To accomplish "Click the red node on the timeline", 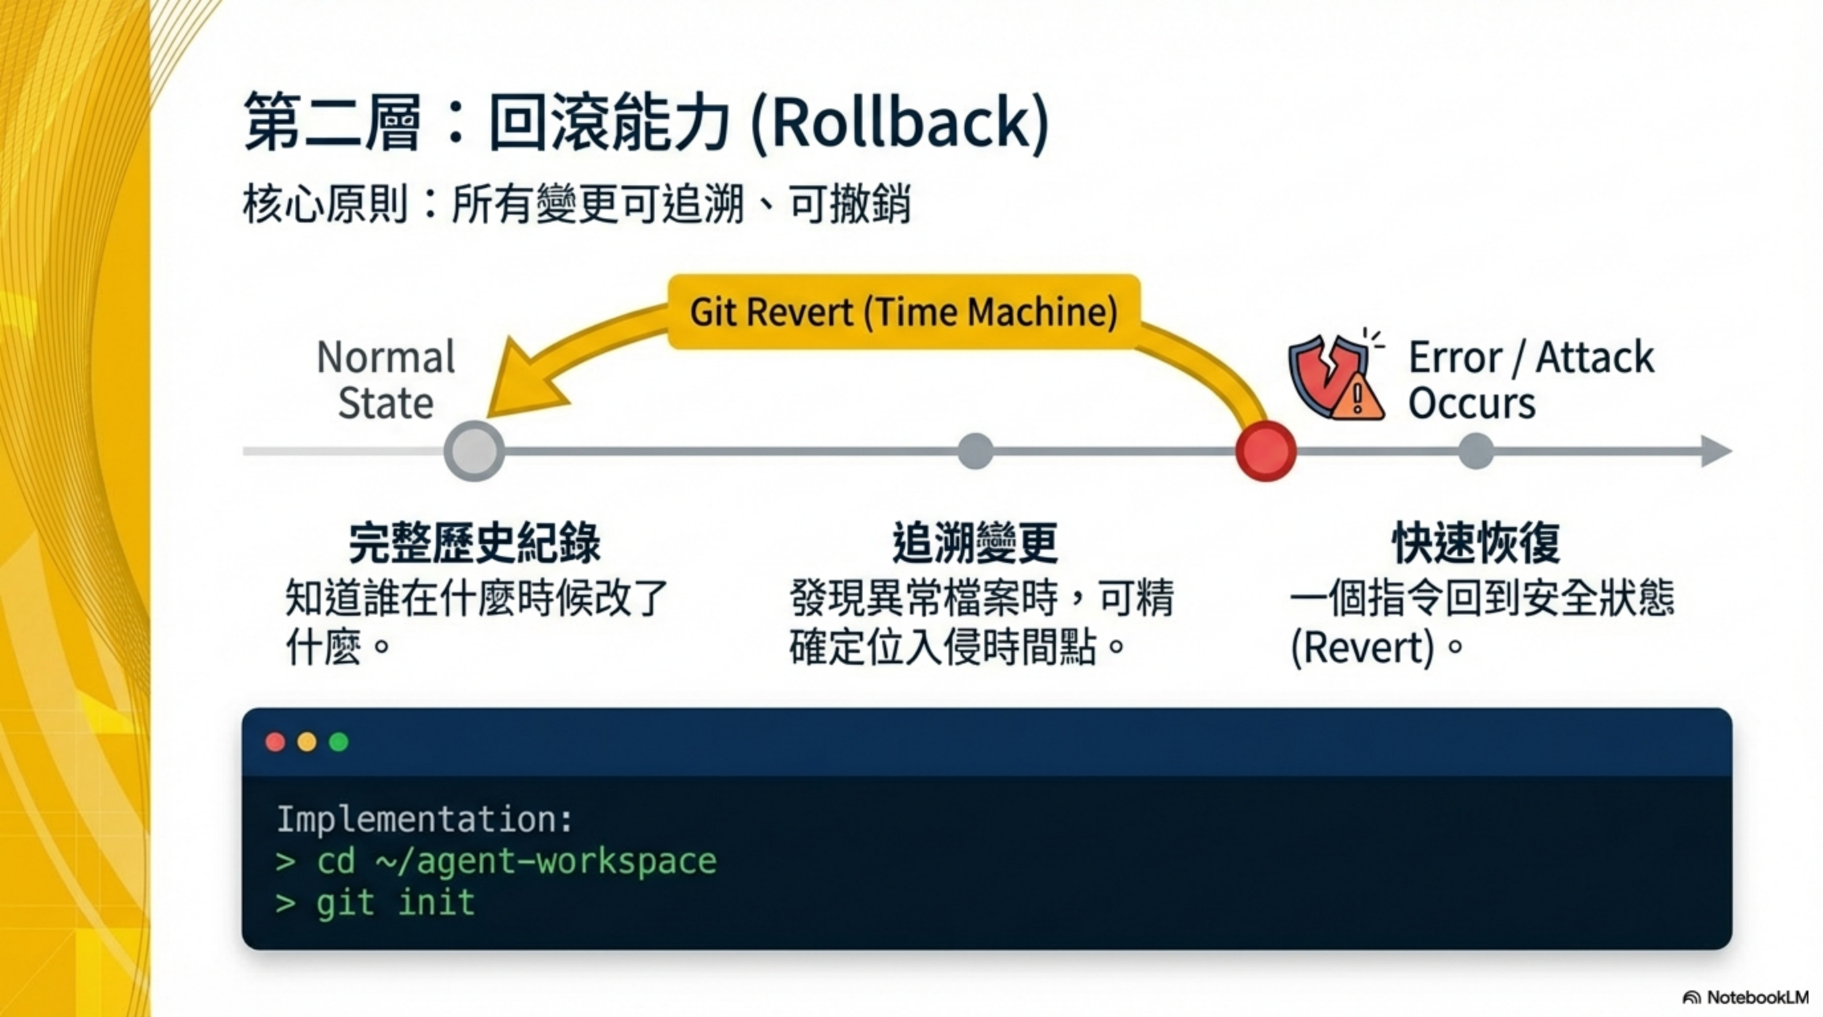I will click(x=1265, y=451).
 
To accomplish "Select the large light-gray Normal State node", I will click(x=474, y=451).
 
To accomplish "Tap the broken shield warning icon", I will click(x=1334, y=378).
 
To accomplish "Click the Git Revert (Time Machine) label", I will click(x=904, y=312).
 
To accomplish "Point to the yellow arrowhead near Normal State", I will click(x=520, y=382).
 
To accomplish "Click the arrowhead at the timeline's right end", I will click(x=1716, y=451).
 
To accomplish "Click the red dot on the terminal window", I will click(x=276, y=742).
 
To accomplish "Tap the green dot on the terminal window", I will click(x=339, y=742).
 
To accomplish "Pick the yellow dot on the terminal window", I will click(x=307, y=742).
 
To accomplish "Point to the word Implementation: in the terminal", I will click(x=425, y=819).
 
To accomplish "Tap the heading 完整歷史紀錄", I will click(x=474, y=542).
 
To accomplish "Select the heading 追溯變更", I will click(x=975, y=542).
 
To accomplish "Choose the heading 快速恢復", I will click(x=1477, y=542).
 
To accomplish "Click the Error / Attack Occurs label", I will click(x=1529, y=380).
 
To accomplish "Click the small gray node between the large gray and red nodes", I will click(x=975, y=451).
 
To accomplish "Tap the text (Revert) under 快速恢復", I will click(x=1363, y=647).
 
